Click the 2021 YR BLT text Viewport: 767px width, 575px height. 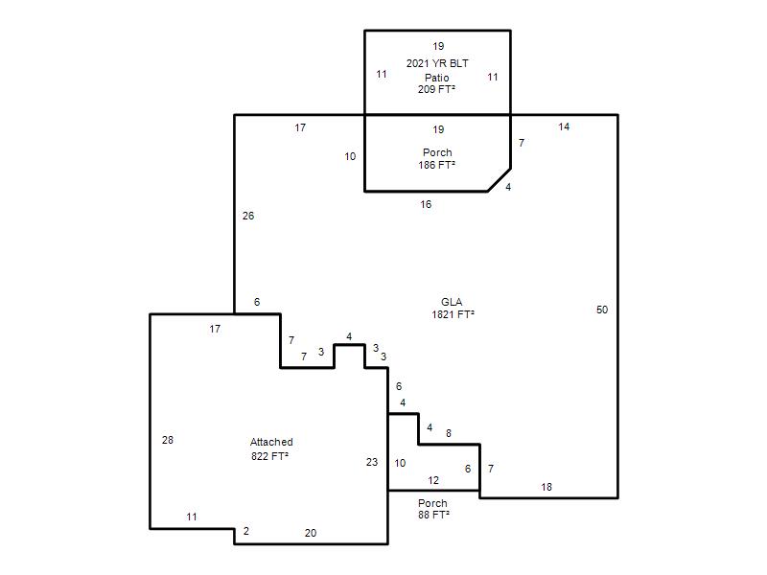click(437, 63)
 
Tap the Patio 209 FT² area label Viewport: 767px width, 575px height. click(437, 83)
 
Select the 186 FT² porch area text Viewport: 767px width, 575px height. click(437, 165)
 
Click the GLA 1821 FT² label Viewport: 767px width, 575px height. click(453, 309)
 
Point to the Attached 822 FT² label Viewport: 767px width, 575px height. click(271, 448)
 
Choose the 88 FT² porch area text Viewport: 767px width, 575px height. click(434, 515)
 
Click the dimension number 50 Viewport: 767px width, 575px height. click(602, 310)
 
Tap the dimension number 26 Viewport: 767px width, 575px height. click(248, 216)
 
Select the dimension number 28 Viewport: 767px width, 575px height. click(168, 440)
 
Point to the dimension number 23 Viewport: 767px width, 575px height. click(372, 462)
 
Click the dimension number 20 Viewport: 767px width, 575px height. click(311, 533)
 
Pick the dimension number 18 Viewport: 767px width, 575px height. click(546, 487)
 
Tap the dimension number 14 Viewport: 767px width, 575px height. click(564, 126)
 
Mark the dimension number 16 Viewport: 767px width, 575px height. click(426, 204)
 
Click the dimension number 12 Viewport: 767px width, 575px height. click(433, 480)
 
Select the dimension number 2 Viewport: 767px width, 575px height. click(246, 531)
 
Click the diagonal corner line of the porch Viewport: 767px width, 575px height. click(500, 180)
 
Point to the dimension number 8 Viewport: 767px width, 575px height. click(449, 433)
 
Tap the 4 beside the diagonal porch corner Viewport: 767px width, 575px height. click(508, 187)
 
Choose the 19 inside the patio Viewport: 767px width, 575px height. click(438, 46)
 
